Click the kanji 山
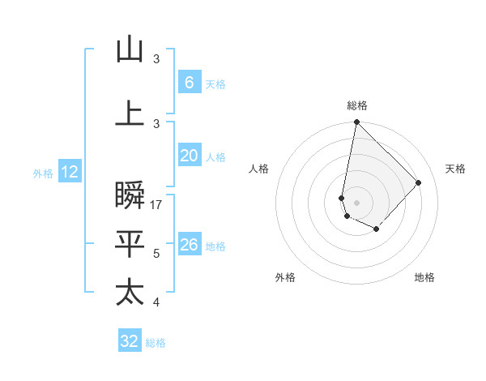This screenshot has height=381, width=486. pyautogui.click(x=130, y=49)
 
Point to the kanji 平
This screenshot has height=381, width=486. pyautogui.click(x=130, y=244)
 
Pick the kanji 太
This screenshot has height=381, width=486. pyautogui.click(x=130, y=292)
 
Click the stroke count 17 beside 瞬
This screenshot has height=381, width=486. pyautogui.click(x=157, y=205)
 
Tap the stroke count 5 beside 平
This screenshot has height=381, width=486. pyautogui.click(x=156, y=255)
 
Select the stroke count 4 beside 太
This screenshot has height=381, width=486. pyautogui.click(x=156, y=302)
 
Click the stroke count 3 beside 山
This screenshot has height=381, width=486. pyautogui.click(x=156, y=59)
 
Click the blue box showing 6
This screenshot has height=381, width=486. pyautogui.click(x=189, y=82)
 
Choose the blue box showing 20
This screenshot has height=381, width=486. pyautogui.click(x=189, y=156)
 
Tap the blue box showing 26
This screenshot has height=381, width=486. pyautogui.click(x=189, y=245)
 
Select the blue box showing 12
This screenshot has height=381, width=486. pyautogui.click(x=70, y=172)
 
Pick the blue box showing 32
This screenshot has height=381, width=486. pyautogui.click(x=130, y=341)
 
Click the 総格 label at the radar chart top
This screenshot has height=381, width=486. pyautogui.click(x=357, y=105)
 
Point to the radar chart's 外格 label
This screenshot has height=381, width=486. pyautogui.click(x=285, y=278)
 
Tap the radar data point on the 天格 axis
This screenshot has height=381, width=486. pyautogui.click(x=419, y=182)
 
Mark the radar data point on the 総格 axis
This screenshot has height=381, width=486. pyautogui.click(x=356, y=122)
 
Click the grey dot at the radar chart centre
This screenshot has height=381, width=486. pyautogui.click(x=356, y=202)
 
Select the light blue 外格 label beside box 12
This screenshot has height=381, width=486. pyautogui.click(x=43, y=173)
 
